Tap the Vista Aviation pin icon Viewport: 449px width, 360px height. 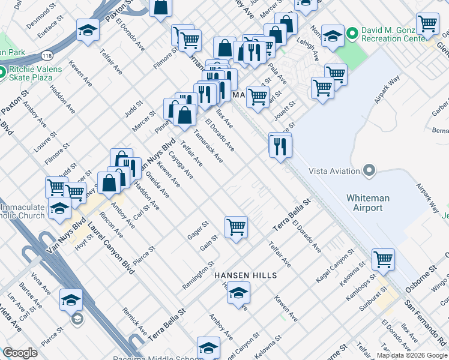tap(369, 171)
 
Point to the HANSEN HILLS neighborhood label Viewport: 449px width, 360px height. tap(246, 275)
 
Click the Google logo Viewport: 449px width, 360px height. tap(20, 353)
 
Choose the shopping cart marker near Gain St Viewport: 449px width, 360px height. tap(236, 227)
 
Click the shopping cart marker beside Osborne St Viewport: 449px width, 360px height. tap(383, 259)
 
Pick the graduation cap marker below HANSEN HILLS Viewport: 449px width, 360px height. tap(238, 292)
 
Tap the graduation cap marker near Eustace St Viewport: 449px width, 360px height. tap(88, 30)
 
